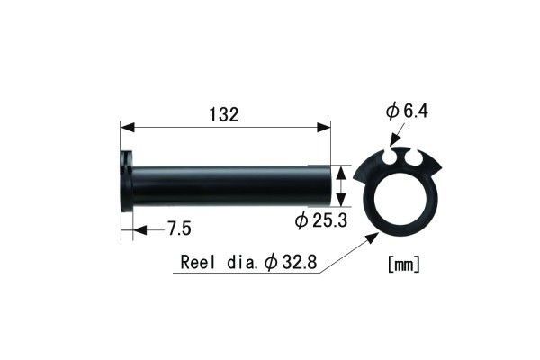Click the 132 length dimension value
point(226,114)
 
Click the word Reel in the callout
point(200,263)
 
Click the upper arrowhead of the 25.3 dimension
point(341,169)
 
